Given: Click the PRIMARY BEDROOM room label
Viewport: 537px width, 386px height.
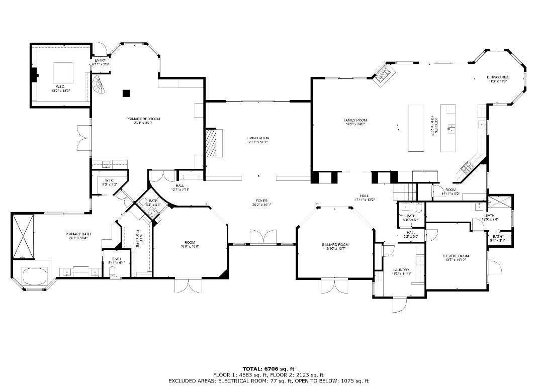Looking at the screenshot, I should pyautogui.click(x=143, y=119).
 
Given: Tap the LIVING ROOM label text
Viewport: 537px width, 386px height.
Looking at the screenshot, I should pyautogui.click(x=257, y=137).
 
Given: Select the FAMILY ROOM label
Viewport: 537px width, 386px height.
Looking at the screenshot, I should pyautogui.click(x=355, y=120).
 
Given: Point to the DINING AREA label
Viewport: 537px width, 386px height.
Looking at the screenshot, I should pyautogui.click(x=497, y=77).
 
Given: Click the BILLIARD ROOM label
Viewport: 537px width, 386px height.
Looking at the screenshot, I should pyautogui.click(x=335, y=245).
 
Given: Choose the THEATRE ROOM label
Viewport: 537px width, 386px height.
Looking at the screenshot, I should pyautogui.click(x=455, y=256).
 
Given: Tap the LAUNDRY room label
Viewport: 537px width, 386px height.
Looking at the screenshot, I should pyautogui.click(x=402, y=270).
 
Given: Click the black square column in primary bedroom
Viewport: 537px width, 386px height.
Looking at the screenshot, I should pyautogui.click(x=126, y=92).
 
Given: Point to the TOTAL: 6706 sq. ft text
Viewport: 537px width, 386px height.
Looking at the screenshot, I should pyautogui.click(x=268, y=368).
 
